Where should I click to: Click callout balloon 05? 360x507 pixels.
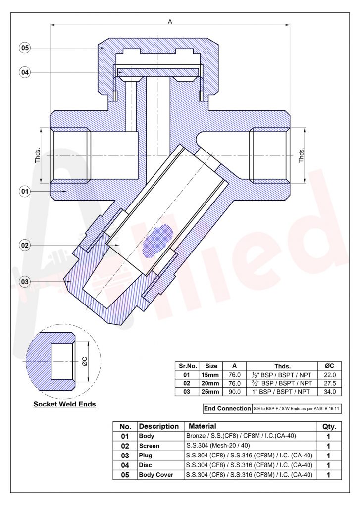tap(25, 48)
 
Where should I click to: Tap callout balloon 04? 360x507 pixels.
tap(25, 72)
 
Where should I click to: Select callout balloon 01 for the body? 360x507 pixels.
tap(25, 191)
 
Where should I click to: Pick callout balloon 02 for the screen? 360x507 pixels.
tap(25, 245)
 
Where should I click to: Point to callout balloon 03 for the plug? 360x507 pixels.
tap(25, 282)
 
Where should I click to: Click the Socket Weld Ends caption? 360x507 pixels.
tap(64, 404)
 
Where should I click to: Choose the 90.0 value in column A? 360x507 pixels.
tap(234, 392)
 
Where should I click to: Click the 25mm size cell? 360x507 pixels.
tap(211, 392)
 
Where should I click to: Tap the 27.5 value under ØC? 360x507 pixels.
tap(329, 383)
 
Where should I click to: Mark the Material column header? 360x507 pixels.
tap(203, 426)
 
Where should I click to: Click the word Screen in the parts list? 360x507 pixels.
tap(149, 446)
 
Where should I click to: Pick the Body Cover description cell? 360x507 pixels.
tap(156, 475)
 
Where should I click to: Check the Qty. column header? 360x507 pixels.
tap(329, 426)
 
